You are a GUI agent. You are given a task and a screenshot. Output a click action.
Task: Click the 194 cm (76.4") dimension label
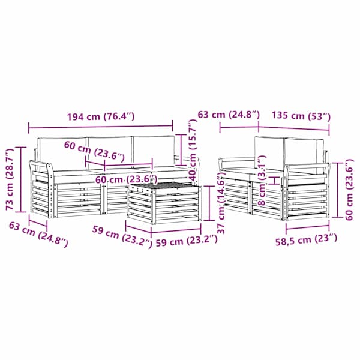pyautogui.click(x=101, y=116)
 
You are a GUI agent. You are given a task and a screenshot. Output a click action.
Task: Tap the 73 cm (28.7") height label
pyautogui.click(x=11, y=179)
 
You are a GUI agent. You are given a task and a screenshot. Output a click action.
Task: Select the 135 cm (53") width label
pyautogui.click(x=301, y=116)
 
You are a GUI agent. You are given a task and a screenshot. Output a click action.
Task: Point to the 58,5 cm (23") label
pyautogui.click(x=306, y=240)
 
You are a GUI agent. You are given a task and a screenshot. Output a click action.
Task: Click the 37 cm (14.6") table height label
pyautogui.click(x=221, y=203)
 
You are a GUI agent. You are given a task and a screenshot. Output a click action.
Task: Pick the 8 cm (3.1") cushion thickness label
pyautogui.click(x=262, y=180)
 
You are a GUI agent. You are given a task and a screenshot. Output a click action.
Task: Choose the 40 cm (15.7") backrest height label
pyautogui.click(x=192, y=151)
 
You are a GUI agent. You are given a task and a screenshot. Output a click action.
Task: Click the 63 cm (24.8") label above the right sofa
pyautogui.click(x=229, y=115)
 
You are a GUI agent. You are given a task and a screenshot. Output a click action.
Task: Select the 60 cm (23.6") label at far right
pyautogui.click(x=349, y=190)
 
